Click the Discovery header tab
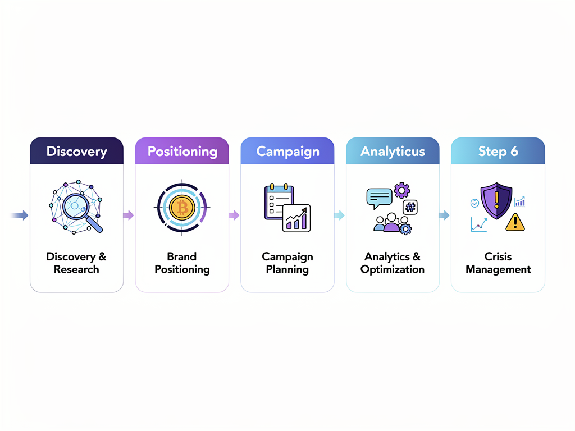click(x=76, y=151)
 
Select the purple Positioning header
click(x=182, y=151)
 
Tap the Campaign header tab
click(x=287, y=151)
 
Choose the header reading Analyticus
click(x=393, y=151)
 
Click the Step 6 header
click(x=498, y=151)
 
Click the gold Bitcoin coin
click(x=181, y=208)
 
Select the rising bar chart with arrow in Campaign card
click(x=296, y=218)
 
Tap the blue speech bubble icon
click(x=379, y=197)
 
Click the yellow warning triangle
click(x=515, y=223)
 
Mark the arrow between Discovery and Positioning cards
click(x=129, y=215)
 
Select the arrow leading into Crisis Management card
click(x=444, y=215)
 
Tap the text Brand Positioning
click(x=182, y=263)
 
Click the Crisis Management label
click(x=498, y=263)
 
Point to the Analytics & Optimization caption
click(x=393, y=263)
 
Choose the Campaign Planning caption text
click(x=287, y=263)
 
